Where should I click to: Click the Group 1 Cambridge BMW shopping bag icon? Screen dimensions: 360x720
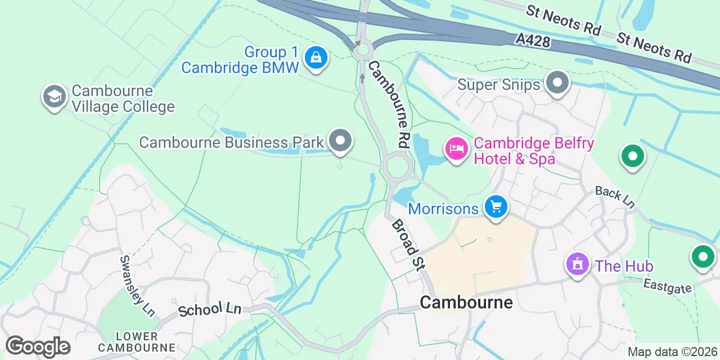[x=316, y=57]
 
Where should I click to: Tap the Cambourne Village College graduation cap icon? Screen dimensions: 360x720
[x=55, y=96]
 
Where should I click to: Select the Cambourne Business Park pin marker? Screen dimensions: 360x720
[x=340, y=141]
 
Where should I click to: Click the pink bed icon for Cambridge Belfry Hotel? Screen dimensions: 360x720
[x=457, y=149]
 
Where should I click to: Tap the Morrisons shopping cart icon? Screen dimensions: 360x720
[x=496, y=207]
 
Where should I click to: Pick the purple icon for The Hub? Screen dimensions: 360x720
[x=577, y=264]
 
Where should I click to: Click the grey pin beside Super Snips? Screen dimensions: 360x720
[x=557, y=83]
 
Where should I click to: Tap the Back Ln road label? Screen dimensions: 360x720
[x=615, y=197]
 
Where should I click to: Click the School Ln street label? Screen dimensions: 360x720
[x=209, y=309]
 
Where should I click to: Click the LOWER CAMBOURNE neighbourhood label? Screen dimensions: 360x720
[x=137, y=342]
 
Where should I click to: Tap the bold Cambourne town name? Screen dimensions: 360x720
[x=466, y=303]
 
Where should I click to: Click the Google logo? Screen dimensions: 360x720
[x=38, y=346]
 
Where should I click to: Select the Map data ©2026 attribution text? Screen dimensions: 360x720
[x=672, y=352]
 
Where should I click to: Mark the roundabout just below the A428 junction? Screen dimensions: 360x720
[x=363, y=49]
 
